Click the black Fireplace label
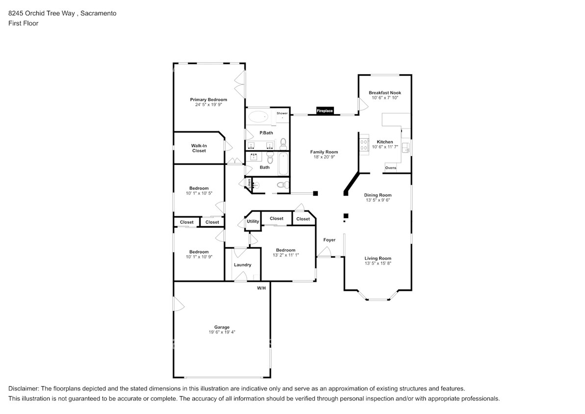[x=325, y=111]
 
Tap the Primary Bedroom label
[x=208, y=100]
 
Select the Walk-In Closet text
[x=199, y=148]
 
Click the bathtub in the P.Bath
[x=258, y=117]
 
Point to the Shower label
[x=282, y=113]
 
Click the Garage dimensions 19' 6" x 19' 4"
[x=222, y=332]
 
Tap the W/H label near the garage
[x=261, y=288]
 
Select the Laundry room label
[x=242, y=265]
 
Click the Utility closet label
[x=253, y=221]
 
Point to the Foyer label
[x=329, y=240]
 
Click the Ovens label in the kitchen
[x=390, y=168]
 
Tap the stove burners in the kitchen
[x=364, y=145]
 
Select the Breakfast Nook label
[x=384, y=93]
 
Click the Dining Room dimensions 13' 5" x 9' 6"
[x=378, y=200]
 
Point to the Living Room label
[x=378, y=258]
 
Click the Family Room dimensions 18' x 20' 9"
[x=324, y=157]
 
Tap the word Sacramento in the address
[x=98, y=13]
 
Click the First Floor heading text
[x=23, y=23]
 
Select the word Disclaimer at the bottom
[x=24, y=388]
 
